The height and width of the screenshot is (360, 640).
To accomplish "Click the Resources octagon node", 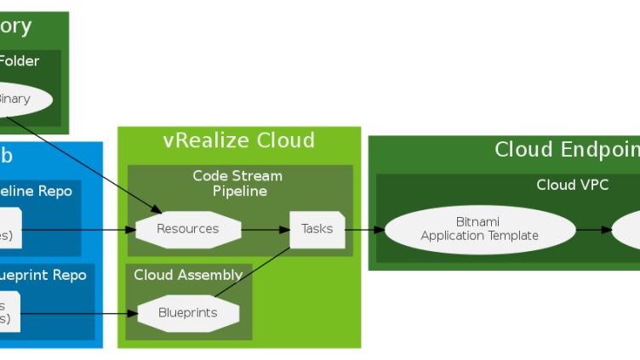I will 188,229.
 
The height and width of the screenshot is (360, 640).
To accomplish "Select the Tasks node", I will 317,229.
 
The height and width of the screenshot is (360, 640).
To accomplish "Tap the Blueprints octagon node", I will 188,312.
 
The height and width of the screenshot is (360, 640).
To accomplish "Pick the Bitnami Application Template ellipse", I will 479,229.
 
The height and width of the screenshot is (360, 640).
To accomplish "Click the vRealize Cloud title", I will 238,140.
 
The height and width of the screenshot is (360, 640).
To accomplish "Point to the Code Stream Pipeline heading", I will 237,184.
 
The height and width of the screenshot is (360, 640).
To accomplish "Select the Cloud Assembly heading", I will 188,275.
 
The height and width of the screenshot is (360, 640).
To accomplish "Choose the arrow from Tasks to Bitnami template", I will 364,229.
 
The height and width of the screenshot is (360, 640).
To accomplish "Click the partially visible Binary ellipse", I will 21,99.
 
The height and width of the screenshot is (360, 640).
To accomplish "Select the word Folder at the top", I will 20,61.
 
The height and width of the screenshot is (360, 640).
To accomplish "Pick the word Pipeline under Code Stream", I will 240,191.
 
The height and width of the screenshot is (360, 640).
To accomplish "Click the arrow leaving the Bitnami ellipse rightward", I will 593,229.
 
